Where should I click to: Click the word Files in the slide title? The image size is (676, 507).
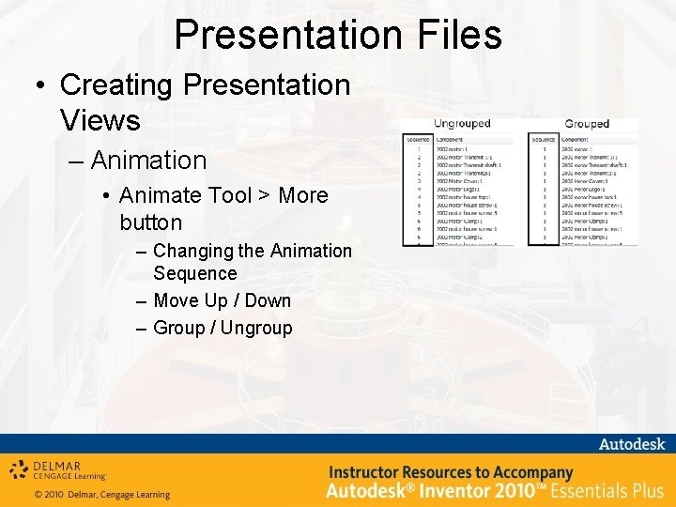point(452,35)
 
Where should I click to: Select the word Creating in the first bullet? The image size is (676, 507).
point(117,84)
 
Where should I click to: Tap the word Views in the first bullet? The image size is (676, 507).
point(100,120)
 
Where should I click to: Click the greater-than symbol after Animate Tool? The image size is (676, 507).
point(265,195)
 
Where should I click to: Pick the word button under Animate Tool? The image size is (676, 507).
point(150,223)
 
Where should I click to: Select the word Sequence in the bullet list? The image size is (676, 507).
point(194,273)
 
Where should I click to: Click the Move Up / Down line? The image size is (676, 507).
point(222,300)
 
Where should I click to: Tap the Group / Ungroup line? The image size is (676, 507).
point(223,328)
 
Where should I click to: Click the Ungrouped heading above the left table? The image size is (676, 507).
point(461,124)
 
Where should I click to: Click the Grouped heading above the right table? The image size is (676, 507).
point(587,124)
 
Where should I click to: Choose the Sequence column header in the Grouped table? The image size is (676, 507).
point(544,137)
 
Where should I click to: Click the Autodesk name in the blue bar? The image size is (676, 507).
point(631,444)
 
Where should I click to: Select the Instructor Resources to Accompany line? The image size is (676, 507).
point(450,472)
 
